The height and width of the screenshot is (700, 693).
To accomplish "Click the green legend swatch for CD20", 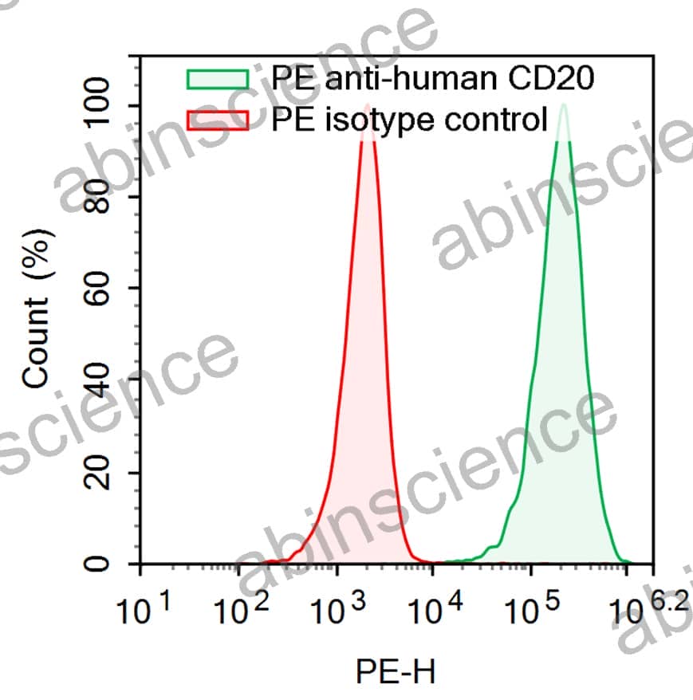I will point(218,80).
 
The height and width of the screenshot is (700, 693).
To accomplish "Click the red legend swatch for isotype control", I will point(218,120).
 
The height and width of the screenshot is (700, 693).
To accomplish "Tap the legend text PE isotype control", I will point(410,120).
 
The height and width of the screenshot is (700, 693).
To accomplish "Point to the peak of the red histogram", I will point(368,106).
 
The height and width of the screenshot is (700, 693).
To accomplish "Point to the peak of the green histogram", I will point(564,105).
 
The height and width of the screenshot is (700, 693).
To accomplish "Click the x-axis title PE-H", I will point(396,671).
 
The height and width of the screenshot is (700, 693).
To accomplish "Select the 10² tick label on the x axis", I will point(240,611).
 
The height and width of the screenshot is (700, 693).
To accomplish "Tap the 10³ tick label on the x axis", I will point(338,611).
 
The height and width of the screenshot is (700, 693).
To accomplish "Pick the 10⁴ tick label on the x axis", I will point(435,611).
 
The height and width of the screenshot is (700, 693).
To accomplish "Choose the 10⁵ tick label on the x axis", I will point(532,611).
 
